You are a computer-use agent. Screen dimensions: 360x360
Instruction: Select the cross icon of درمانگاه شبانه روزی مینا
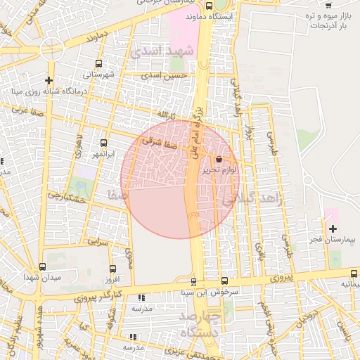click(x=49, y=81)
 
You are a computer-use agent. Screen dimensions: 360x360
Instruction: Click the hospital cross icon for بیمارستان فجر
click(x=333, y=229)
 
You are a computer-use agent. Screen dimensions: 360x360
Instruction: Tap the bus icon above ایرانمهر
click(x=104, y=143)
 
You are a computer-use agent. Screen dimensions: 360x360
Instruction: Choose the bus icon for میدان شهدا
click(x=44, y=267)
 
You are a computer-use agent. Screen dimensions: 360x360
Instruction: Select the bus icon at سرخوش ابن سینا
click(x=224, y=281)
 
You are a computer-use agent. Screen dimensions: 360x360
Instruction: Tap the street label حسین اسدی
click(x=164, y=74)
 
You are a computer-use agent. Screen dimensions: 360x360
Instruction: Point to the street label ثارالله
click(x=162, y=113)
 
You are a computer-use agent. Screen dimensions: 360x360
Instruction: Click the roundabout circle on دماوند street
click(x=52, y=49)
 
